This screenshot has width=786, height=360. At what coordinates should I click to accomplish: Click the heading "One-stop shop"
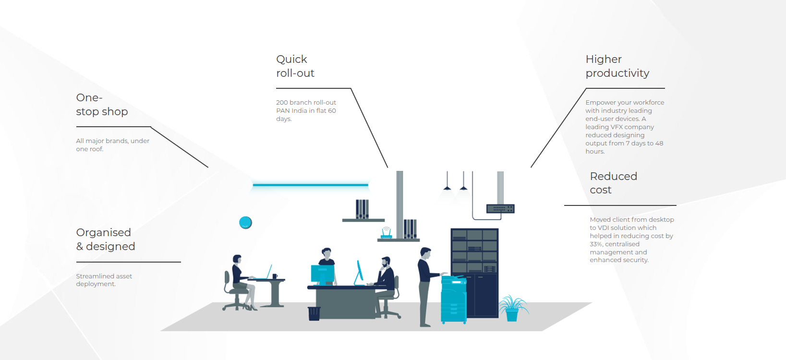tap(102, 105)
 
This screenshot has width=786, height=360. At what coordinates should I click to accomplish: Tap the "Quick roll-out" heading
tap(295, 66)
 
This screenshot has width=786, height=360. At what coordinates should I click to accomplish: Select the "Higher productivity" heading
tap(617, 66)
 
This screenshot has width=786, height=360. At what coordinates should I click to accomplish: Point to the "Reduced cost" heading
tap(613, 183)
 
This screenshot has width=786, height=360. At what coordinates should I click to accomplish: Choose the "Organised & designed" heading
tap(105, 240)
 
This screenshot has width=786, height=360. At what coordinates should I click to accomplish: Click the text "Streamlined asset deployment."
tap(104, 280)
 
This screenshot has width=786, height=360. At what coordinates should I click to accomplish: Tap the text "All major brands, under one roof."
tap(113, 144)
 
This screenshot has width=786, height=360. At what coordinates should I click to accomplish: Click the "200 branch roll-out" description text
tap(306, 110)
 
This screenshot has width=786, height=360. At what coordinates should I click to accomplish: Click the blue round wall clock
tap(245, 222)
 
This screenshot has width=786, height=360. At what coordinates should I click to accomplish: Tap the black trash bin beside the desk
tap(314, 313)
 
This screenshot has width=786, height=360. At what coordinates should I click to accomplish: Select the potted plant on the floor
tap(513, 309)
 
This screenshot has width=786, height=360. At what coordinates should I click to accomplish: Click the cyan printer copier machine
tap(454, 300)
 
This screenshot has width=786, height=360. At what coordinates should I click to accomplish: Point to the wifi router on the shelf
tap(386, 233)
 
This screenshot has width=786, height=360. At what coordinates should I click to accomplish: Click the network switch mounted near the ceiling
tap(500, 209)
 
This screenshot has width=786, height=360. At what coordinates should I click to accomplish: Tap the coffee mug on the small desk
tap(275, 276)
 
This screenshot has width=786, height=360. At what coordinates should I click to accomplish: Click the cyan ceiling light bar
tap(311, 185)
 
